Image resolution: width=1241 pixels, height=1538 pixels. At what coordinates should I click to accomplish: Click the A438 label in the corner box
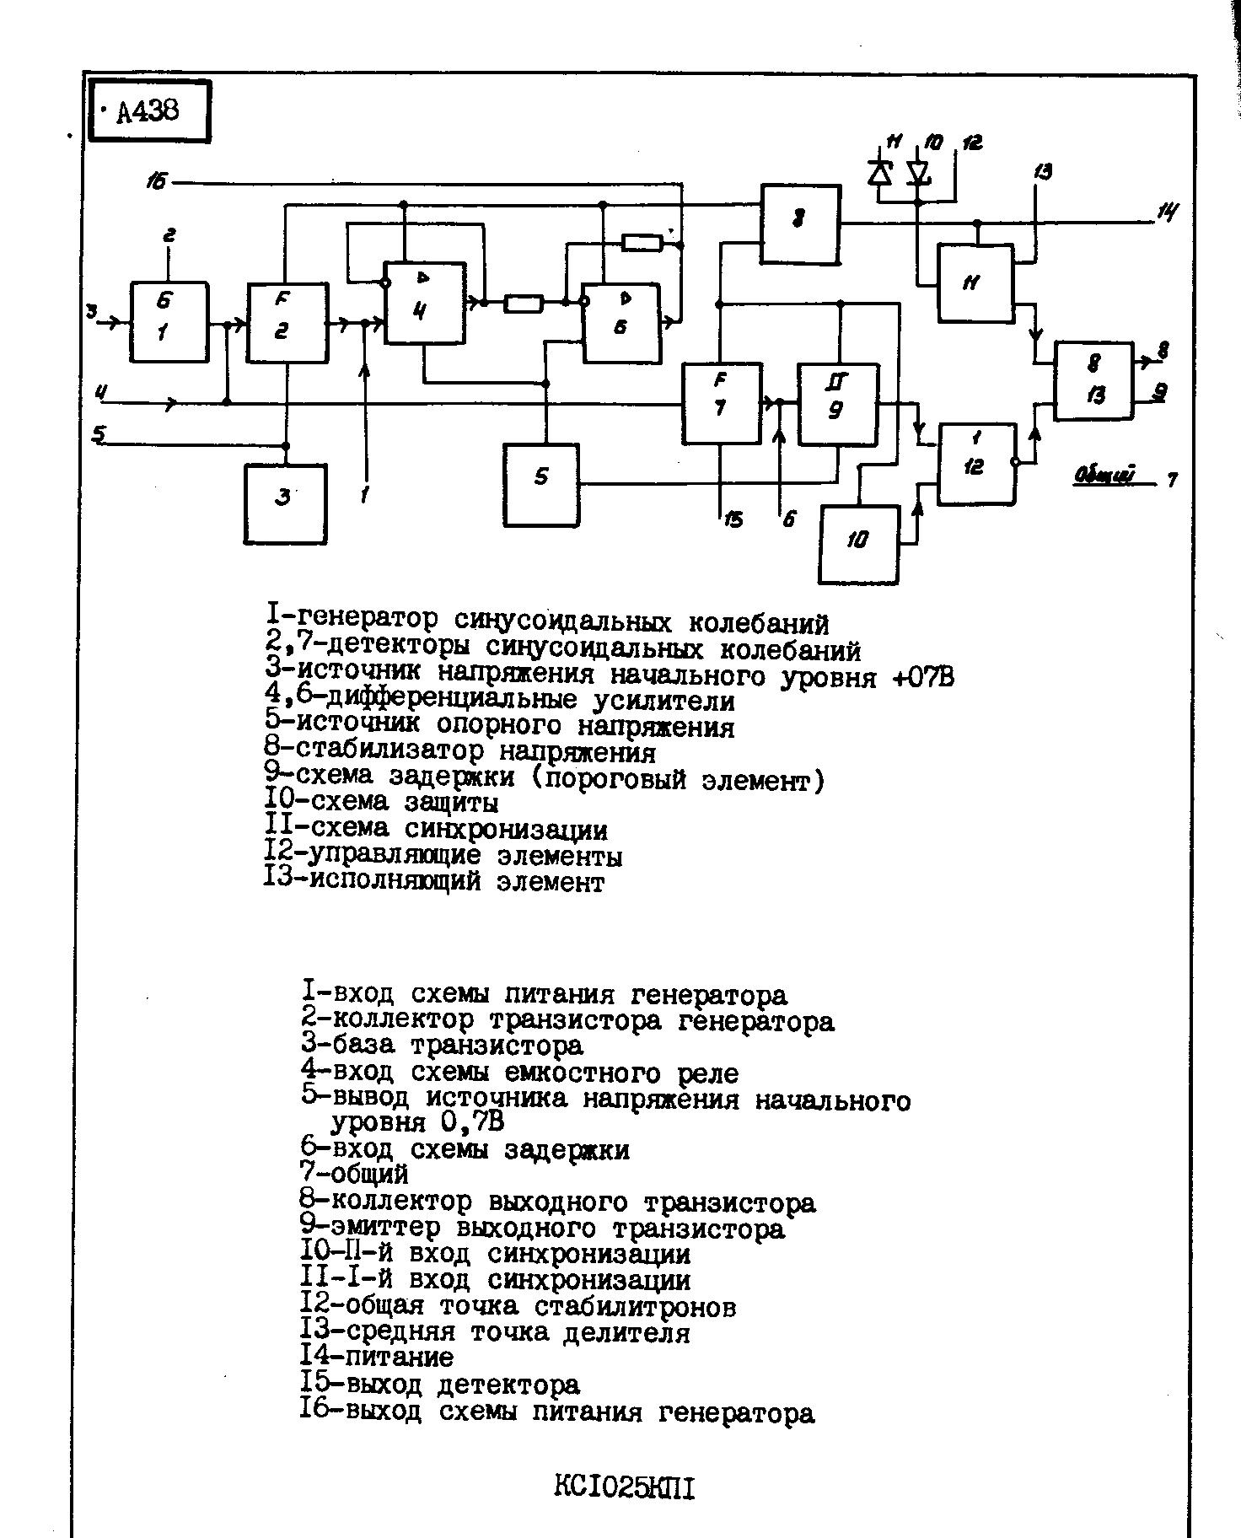pyautogui.click(x=148, y=110)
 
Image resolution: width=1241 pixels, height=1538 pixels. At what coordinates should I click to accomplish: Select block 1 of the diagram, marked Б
pyautogui.click(x=169, y=322)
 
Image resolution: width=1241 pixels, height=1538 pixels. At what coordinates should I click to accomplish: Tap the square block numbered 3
pyautogui.click(x=285, y=503)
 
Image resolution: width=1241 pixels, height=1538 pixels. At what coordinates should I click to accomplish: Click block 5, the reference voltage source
pyautogui.click(x=541, y=485)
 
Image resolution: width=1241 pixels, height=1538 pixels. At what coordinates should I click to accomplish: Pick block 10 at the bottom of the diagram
pyautogui.click(x=859, y=544)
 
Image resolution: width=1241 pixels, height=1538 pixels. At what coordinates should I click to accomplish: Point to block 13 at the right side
pyautogui.click(x=1093, y=380)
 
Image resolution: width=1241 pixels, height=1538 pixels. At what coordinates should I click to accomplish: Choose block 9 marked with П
pyautogui.click(x=838, y=404)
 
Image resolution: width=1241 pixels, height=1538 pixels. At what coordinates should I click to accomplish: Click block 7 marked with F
pyautogui.click(x=722, y=404)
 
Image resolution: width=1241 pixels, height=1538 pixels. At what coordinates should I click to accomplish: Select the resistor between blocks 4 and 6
pyautogui.click(x=524, y=303)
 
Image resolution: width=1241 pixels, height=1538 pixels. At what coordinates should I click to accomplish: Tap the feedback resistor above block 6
pyautogui.click(x=642, y=244)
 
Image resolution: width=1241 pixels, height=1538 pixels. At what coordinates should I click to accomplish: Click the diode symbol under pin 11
pyautogui.click(x=880, y=173)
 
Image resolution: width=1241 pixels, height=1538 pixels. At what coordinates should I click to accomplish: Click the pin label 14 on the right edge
pyautogui.click(x=1168, y=212)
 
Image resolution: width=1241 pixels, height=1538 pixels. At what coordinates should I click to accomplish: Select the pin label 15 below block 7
pyautogui.click(x=733, y=520)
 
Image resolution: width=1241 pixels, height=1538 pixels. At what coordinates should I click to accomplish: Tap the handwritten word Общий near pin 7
pyautogui.click(x=1104, y=476)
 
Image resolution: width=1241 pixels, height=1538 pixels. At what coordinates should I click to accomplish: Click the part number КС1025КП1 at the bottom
pyautogui.click(x=625, y=1488)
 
